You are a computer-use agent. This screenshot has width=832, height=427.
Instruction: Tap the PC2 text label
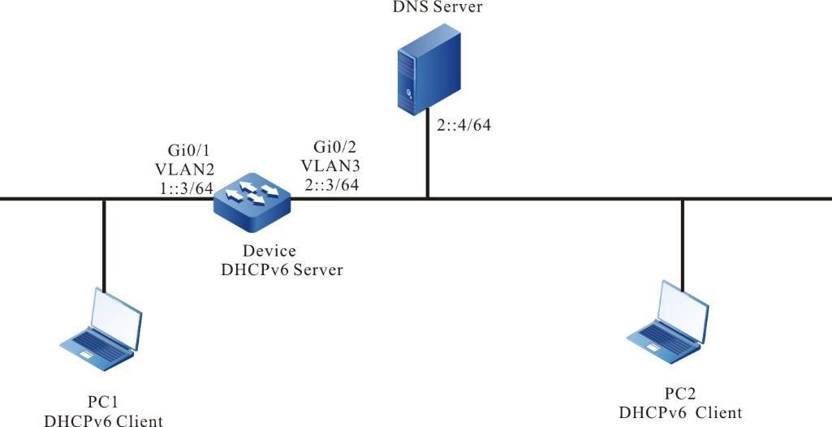[680, 395]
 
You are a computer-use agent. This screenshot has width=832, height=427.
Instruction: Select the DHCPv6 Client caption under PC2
[680, 412]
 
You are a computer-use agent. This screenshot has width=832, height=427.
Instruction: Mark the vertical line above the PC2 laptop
[682, 244]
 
